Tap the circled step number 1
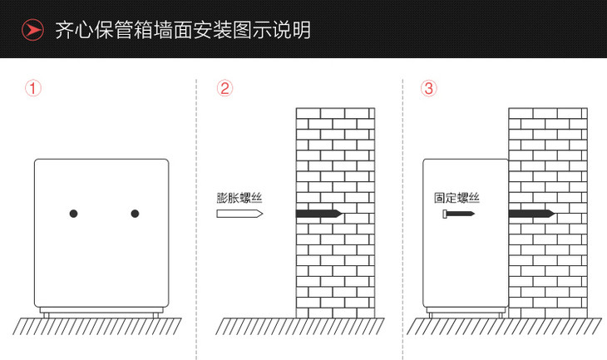coord(32,87)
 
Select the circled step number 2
coord(224,87)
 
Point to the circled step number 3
coord(429,87)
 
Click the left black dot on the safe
coord(73,214)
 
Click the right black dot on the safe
coord(135,214)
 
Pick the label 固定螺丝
coord(456,198)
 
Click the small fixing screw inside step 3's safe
coord(458,214)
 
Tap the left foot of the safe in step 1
coord(47,313)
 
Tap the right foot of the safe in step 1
coord(155,313)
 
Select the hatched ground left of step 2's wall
coord(254,325)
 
